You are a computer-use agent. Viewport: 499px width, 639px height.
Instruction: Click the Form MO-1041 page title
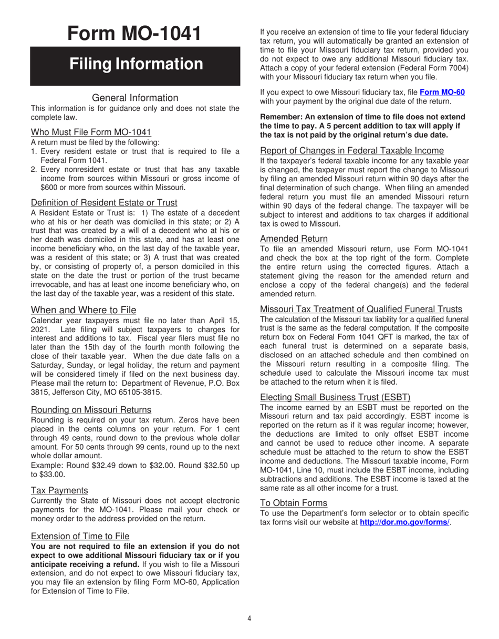[x=134, y=33]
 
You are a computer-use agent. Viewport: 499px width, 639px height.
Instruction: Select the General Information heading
[x=135, y=98]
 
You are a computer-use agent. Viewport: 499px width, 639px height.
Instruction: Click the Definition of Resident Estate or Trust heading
[x=104, y=203]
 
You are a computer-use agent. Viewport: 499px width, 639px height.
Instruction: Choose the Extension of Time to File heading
[x=80, y=536]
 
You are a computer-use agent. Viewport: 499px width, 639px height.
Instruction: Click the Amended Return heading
[x=294, y=239]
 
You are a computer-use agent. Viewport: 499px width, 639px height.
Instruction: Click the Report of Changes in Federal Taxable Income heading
[x=352, y=151]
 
